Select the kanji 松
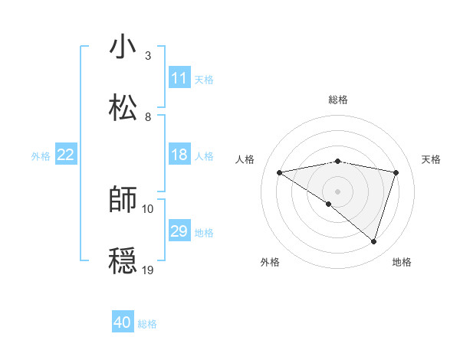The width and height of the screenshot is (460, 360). click(123, 108)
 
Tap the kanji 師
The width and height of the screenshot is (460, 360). click(123, 200)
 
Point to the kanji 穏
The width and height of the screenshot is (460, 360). click(123, 261)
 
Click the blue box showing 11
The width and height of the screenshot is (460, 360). click(179, 78)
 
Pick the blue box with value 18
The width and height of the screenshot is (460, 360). click(179, 155)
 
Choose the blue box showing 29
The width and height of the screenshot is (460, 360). click(179, 231)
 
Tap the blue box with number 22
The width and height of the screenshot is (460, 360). click(66, 155)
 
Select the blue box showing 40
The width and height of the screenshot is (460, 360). click(123, 322)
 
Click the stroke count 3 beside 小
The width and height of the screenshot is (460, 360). click(148, 56)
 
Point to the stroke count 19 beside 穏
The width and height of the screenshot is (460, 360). click(148, 270)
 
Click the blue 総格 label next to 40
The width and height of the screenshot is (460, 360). click(147, 324)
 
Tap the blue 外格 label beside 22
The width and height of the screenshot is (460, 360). click(41, 155)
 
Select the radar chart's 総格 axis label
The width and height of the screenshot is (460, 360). click(338, 100)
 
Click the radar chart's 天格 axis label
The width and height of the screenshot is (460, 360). click(432, 159)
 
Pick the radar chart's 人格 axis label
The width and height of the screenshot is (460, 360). click(245, 159)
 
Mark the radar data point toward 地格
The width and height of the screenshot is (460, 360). click(373, 241)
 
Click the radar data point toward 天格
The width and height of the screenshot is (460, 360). click(396, 172)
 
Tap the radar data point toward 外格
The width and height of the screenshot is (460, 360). click(329, 204)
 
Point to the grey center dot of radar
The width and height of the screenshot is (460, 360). click(338, 191)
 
